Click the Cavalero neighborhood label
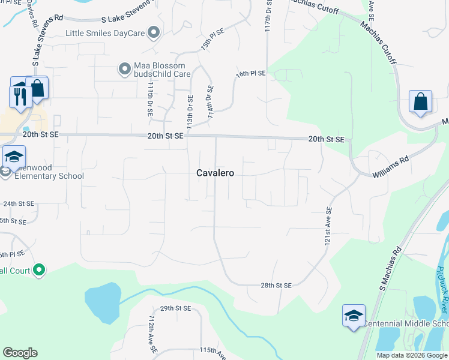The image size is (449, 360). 215,173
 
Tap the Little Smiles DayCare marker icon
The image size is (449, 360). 155,32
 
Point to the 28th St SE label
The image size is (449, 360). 276,286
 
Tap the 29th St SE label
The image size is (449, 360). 175,308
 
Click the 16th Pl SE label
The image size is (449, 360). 250,73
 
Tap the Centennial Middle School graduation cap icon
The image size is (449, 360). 354,316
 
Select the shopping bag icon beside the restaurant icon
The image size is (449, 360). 37,88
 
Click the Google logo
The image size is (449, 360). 20,353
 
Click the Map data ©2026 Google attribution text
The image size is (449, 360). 412,355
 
